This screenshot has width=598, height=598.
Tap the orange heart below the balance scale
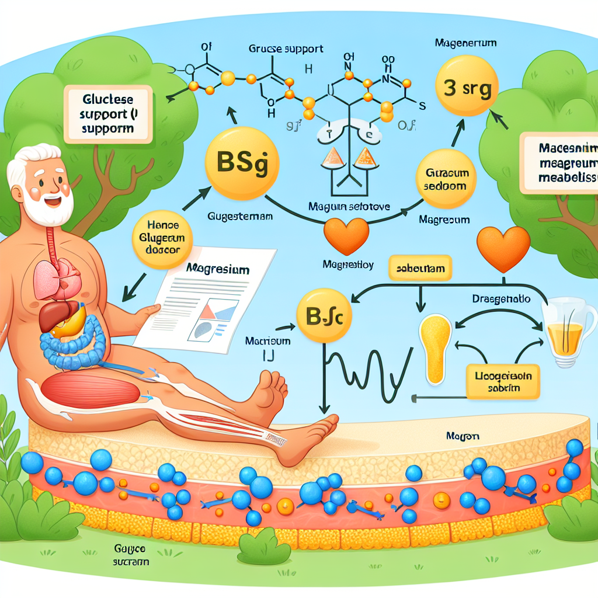[x=346, y=236]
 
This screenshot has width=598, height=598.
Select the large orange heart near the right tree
[x=503, y=248]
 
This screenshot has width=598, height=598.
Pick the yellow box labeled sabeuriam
[x=421, y=269]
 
